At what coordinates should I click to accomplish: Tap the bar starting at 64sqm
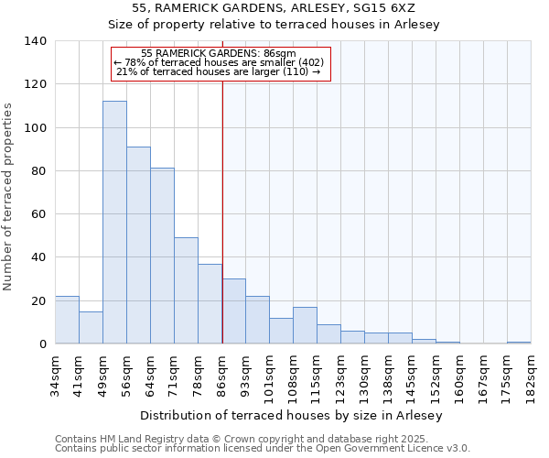tap(162, 256)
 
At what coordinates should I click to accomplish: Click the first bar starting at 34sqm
tap(67, 320)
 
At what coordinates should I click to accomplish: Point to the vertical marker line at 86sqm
tap(222, 211)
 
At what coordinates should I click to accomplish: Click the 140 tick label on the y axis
tap(35, 41)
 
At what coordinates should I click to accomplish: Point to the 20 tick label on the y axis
tap(38, 300)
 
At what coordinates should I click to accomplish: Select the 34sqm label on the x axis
tap(55, 374)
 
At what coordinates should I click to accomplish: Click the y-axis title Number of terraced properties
tap(9, 197)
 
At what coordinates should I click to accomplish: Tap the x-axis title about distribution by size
tap(291, 416)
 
